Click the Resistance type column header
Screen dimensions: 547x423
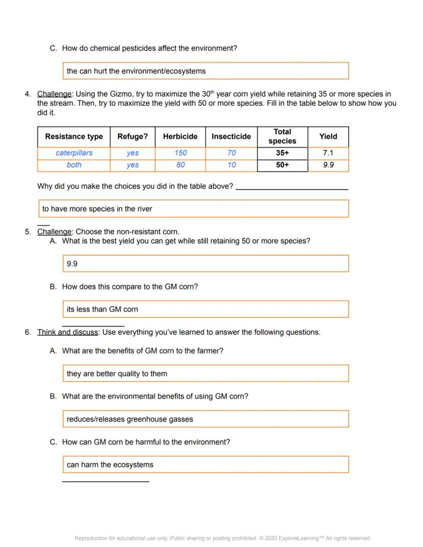click(x=74, y=136)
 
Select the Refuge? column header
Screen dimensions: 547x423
click(x=132, y=136)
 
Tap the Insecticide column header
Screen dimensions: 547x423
click(x=231, y=136)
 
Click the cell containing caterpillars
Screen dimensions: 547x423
click(x=74, y=153)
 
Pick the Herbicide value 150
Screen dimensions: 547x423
click(x=180, y=153)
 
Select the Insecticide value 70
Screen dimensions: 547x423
click(x=231, y=153)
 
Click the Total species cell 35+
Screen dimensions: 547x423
click(x=283, y=153)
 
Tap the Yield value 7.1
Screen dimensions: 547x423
click(x=328, y=153)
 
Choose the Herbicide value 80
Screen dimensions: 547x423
click(x=180, y=165)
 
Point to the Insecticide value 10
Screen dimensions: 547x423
click(x=231, y=165)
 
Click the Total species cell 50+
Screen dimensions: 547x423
click(x=283, y=165)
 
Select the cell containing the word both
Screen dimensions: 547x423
click(x=74, y=165)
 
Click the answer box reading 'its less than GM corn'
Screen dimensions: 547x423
click(x=205, y=309)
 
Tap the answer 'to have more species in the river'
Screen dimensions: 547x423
click(x=194, y=208)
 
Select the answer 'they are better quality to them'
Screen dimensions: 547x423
click(x=205, y=373)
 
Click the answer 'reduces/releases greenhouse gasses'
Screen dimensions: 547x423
click(x=205, y=419)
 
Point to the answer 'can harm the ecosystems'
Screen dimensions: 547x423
click(x=205, y=464)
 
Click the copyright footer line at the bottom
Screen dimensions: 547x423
click(x=222, y=538)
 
